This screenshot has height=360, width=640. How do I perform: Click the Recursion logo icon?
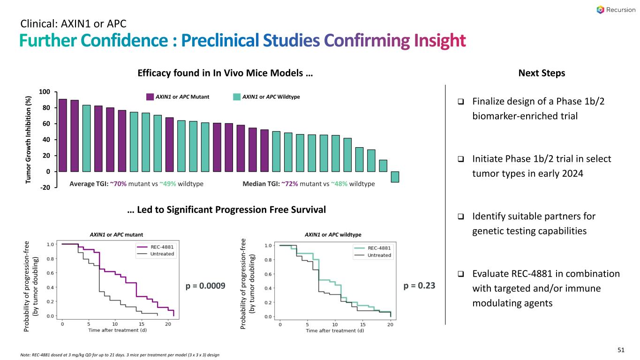coord(601,10)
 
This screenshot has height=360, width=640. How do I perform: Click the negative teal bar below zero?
coord(395,176)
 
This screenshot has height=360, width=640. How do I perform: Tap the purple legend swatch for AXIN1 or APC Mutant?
coord(150,97)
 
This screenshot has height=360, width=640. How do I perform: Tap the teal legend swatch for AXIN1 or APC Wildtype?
coord(237,97)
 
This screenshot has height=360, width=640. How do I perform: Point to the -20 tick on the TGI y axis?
coord(45,187)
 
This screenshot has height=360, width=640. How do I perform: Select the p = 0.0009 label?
coord(206,285)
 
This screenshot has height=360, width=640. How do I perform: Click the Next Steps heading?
coord(542,73)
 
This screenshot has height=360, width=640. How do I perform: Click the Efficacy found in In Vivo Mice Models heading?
coord(225,73)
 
